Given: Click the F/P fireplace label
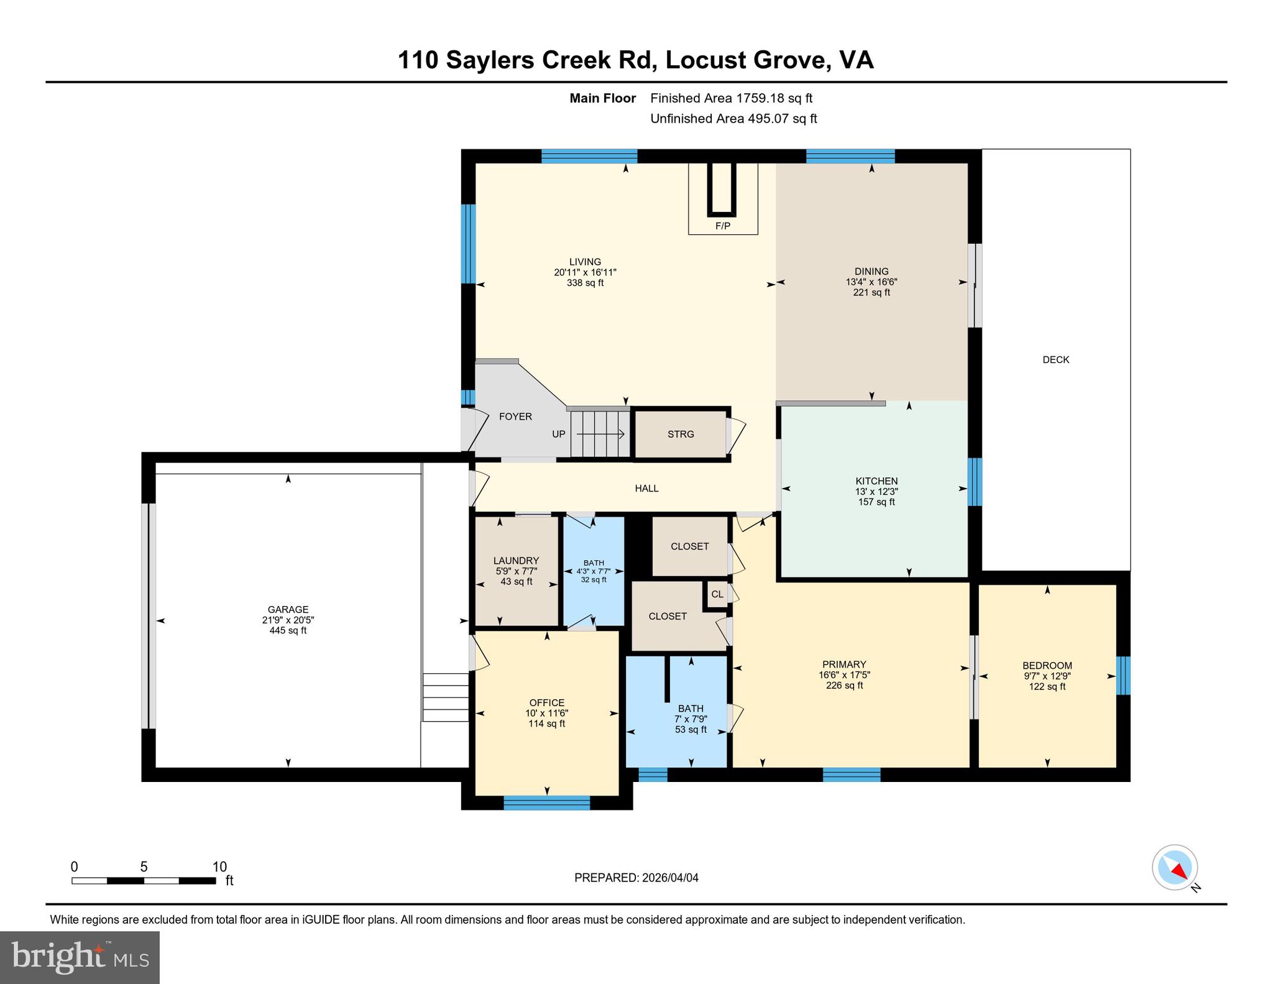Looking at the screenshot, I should (x=722, y=226).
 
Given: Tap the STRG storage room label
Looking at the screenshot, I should (x=681, y=434).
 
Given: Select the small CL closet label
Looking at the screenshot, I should (x=717, y=594).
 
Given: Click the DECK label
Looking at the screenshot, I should (x=1055, y=359).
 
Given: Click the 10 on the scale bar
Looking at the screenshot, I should (x=219, y=867).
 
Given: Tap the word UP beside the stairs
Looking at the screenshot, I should (x=559, y=434).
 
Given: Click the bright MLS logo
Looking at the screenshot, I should (x=80, y=957).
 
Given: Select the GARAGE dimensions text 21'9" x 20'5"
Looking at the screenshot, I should (x=288, y=620).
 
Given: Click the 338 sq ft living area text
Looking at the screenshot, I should (x=585, y=283).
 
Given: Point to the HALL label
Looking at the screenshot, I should (x=646, y=489).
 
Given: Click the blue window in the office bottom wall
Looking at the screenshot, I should (x=546, y=802).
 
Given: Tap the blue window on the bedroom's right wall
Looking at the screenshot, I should (x=1123, y=675).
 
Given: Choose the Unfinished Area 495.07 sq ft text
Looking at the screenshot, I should (x=733, y=118).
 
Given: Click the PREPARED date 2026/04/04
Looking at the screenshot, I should (x=669, y=878).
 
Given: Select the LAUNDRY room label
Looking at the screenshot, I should (x=516, y=561).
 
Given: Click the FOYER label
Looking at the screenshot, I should (x=515, y=416).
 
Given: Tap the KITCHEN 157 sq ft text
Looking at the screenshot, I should (x=876, y=502).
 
